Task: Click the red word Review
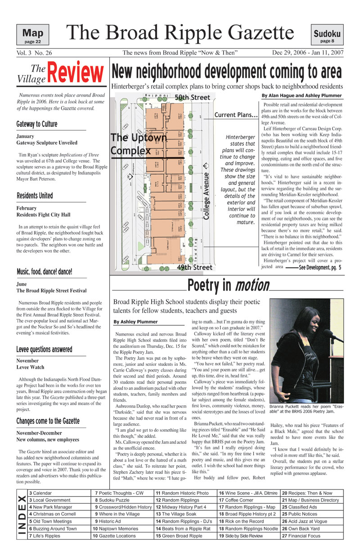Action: [75, 73]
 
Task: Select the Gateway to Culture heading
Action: [37, 124]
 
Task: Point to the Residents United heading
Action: [35, 196]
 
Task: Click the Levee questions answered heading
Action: [44, 350]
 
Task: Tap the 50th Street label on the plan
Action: [192, 97]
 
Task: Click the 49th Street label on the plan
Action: [194, 267]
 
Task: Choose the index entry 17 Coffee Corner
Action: [236, 500]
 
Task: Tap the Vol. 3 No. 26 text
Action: [35, 53]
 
